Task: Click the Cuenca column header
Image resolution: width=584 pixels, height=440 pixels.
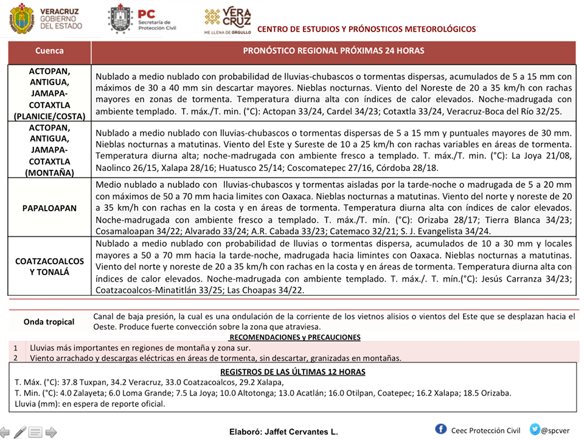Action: (49, 51)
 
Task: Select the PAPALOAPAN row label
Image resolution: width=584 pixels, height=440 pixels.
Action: (49, 208)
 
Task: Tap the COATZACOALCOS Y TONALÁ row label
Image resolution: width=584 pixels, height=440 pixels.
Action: (49, 266)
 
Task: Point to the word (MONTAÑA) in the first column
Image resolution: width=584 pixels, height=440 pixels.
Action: (49, 172)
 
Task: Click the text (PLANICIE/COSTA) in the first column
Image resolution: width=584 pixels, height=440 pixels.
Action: (49, 115)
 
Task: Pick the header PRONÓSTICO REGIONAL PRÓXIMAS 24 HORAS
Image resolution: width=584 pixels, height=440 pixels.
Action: (333, 51)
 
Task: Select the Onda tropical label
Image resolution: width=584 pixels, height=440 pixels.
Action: (49, 322)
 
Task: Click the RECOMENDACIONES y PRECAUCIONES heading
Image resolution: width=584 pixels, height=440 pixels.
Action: (294, 337)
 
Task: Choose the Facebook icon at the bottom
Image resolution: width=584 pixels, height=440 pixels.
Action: (441, 429)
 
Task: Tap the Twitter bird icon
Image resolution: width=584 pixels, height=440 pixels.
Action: (535, 429)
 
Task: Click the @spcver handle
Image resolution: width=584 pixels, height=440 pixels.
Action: (555, 430)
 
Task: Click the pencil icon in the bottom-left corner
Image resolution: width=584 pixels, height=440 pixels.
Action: (20, 432)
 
